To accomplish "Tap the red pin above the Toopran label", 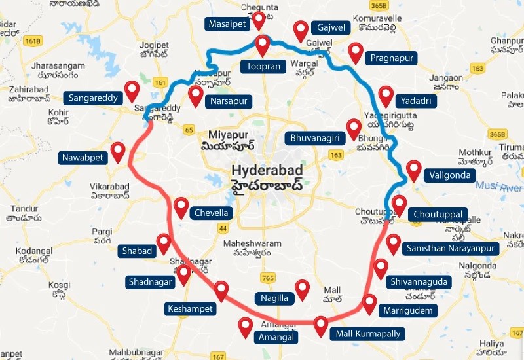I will click(263, 45).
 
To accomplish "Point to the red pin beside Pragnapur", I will click(356, 52).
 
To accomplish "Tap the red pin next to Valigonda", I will click(413, 170).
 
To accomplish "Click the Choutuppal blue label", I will click(438, 214).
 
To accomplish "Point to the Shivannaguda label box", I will click(419, 281).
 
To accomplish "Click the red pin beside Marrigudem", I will click(369, 304).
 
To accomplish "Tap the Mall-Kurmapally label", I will click(367, 334).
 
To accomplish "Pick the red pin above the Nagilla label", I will click(302, 289).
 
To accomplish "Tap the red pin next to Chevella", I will click(181, 207).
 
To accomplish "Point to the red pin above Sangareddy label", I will click(133, 90).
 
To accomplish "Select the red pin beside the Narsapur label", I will click(195, 96).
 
